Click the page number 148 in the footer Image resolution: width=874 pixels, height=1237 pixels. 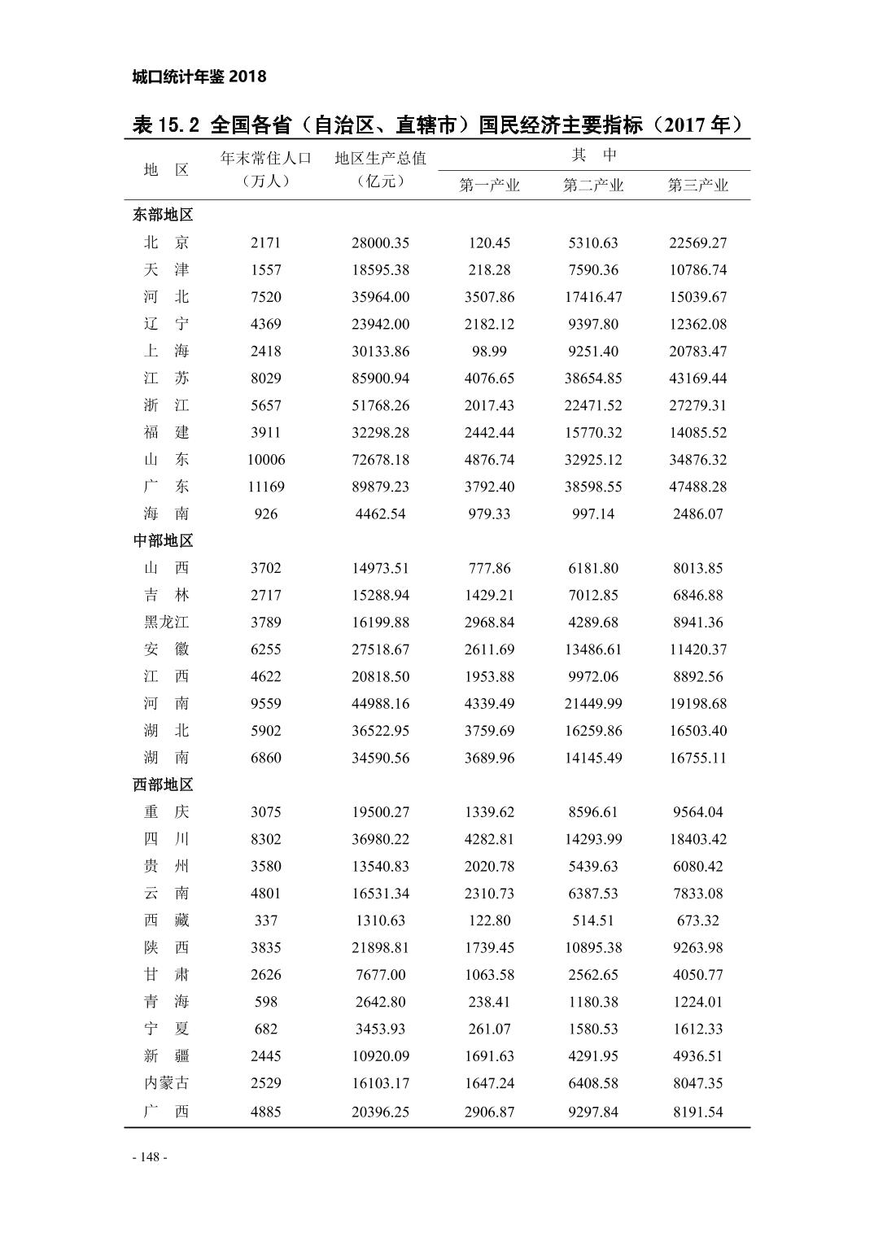(x=149, y=1157)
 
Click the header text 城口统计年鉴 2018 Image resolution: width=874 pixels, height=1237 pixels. (x=199, y=76)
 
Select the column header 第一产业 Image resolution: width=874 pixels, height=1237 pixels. (x=489, y=186)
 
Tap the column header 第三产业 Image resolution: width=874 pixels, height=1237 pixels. (x=697, y=186)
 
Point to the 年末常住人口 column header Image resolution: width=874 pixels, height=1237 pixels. (x=266, y=158)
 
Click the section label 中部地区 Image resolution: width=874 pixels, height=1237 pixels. (x=163, y=541)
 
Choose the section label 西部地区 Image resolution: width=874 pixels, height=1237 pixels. (x=163, y=785)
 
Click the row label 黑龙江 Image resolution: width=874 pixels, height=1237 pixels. (x=166, y=623)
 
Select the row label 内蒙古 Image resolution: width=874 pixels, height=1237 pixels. (x=166, y=1083)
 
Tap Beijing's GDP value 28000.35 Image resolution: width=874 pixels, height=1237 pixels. (x=380, y=243)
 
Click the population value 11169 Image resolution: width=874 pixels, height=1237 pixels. (x=265, y=487)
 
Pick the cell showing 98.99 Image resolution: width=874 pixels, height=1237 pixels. (x=489, y=352)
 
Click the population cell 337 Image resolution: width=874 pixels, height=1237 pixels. (x=265, y=920)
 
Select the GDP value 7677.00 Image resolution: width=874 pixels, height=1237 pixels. (x=380, y=975)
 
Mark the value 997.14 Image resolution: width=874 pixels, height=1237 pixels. (x=593, y=514)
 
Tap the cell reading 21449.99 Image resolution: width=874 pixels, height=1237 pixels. (x=593, y=704)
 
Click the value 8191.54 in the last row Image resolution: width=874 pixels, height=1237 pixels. (x=697, y=1112)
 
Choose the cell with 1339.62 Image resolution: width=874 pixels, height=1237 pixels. (x=489, y=812)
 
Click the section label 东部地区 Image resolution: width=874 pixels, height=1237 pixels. (x=163, y=216)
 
